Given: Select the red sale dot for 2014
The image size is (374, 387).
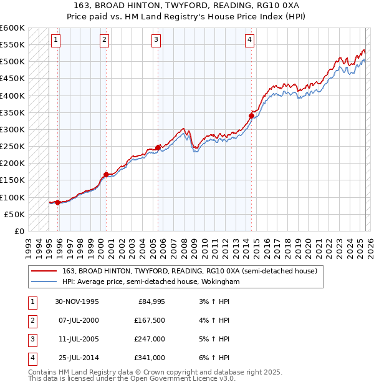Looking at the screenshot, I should tap(251, 115).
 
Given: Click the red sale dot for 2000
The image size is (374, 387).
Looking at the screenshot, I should tap(107, 174).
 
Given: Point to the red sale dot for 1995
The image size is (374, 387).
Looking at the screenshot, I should tap(58, 202).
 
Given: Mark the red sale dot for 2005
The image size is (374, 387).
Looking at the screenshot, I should tap(158, 147).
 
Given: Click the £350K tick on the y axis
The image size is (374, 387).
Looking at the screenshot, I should tap(12, 113).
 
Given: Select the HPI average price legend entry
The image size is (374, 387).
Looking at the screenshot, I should tap(151, 282).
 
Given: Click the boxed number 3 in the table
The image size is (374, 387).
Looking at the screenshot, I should tap(32, 339).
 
